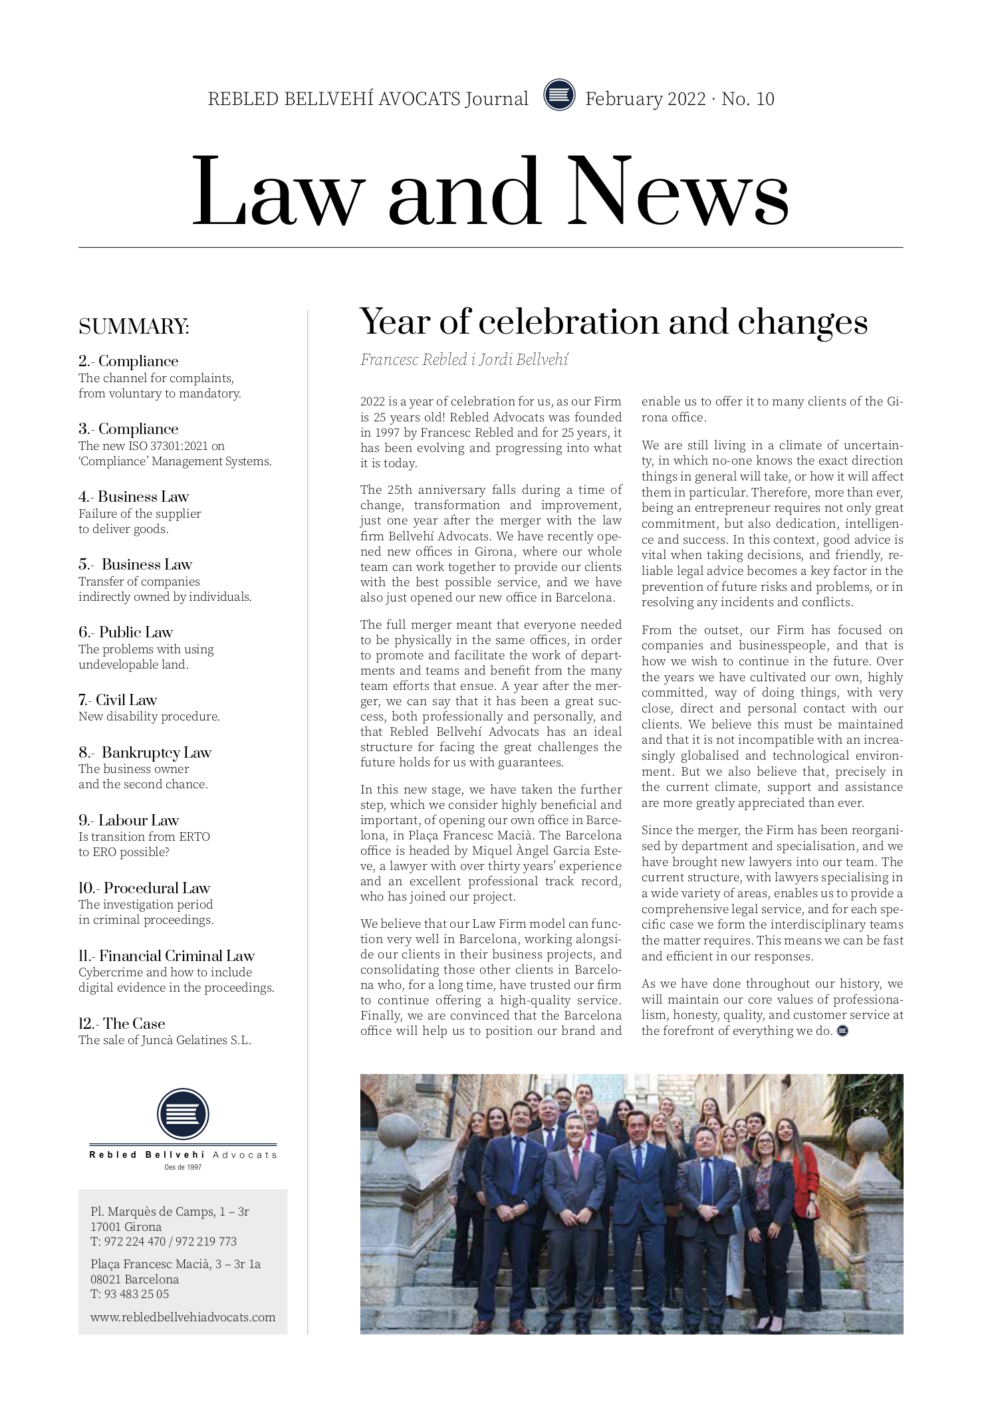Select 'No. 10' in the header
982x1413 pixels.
pos(748,99)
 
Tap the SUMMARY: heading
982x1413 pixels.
pos(134,327)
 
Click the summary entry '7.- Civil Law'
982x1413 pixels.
pos(118,700)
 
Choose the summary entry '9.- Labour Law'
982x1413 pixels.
pos(129,820)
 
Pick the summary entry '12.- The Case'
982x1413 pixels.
pos(122,1024)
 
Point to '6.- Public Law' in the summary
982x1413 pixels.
pos(126,632)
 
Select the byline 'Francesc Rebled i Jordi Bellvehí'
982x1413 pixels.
pos(464,360)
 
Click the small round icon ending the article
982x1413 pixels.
pos(842,1032)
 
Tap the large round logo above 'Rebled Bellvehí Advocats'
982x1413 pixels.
pos(183,1114)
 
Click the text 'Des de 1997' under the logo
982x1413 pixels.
pos(183,1167)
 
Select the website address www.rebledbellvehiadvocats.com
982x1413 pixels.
pos(183,1317)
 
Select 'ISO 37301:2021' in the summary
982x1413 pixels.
pos(166,446)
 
